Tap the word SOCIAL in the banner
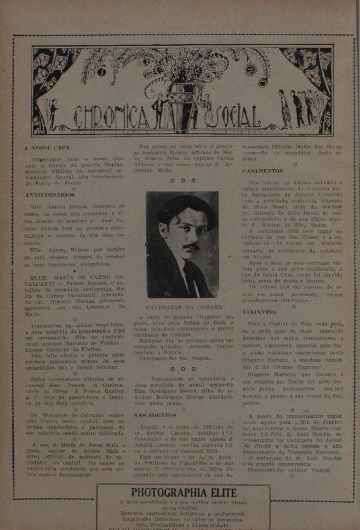(227, 116)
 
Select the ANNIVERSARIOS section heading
(49, 194)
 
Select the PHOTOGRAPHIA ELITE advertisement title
(183, 493)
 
